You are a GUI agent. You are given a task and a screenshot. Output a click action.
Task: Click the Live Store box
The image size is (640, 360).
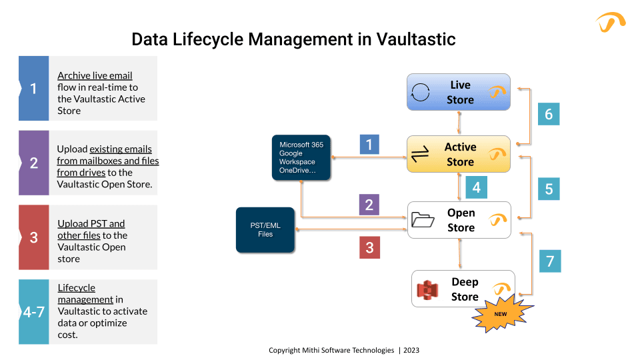point(459,92)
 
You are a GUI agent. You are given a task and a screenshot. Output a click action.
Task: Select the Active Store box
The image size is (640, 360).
point(459,154)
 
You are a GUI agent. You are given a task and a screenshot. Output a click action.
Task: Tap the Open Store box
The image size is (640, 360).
point(459,220)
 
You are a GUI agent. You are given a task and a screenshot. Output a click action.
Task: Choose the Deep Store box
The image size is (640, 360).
point(463,289)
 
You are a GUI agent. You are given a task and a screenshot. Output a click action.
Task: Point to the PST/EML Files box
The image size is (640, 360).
point(265,230)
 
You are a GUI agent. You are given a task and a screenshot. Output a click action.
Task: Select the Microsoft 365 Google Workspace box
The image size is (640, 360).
point(301,157)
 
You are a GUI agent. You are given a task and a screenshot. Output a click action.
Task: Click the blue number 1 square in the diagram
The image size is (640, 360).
point(369,145)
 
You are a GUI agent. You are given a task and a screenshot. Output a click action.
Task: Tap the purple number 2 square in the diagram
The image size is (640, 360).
point(369,205)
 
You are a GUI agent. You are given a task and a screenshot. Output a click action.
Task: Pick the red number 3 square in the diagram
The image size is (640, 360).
point(369,248)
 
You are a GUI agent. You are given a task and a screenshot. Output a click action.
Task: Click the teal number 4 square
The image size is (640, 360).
point(476,188)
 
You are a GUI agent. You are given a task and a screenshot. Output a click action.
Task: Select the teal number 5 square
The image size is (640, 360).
point(549,188)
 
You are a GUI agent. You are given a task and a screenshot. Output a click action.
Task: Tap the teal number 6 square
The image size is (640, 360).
point(549,113)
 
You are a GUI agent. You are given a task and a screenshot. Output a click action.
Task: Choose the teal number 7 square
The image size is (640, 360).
point(550,261)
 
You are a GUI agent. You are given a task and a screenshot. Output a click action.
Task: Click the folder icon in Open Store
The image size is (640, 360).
point(423,220)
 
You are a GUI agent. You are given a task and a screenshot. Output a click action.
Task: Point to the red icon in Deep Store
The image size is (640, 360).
point(427,289)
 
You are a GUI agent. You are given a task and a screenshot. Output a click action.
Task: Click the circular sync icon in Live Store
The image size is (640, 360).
point(421,92)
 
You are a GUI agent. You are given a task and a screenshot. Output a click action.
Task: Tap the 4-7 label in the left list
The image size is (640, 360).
point(33,311)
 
